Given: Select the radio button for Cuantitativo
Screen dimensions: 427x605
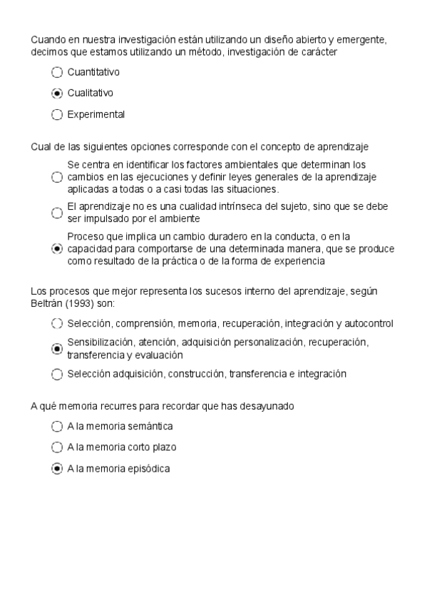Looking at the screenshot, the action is (58, 72).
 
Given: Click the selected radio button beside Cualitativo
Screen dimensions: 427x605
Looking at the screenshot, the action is (58, 93).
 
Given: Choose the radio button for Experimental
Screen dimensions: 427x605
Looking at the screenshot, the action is (58, 114).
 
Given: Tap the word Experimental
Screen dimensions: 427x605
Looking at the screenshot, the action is (96, 114).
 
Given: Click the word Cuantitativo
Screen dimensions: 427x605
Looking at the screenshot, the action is (93, 72).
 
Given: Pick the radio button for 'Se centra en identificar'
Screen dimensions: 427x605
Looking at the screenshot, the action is (58, 178).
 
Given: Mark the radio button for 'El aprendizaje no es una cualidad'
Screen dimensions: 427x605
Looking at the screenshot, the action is (58, 213).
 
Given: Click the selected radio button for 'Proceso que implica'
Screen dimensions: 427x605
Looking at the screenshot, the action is (58, 248).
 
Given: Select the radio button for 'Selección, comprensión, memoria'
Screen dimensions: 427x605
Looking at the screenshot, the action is (58, 324).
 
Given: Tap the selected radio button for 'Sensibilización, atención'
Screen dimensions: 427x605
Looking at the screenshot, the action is (58, 349).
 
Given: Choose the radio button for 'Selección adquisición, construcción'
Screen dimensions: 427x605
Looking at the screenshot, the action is (58, 374).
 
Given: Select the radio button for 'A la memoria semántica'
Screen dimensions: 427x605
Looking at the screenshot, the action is (58, 427).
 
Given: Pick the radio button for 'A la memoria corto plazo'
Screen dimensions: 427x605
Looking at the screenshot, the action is (58, 447).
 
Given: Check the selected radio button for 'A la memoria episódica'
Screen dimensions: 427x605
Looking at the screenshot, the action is (58, 469).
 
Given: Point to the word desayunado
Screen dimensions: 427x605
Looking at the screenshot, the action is (269, 406).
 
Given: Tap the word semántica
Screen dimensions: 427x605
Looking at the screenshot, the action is (151, 427).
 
